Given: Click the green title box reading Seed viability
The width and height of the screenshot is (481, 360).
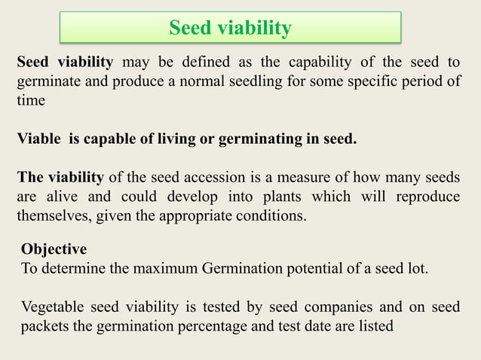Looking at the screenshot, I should (x=230, y=29).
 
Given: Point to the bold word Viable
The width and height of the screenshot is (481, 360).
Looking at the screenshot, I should (x=39, y=139).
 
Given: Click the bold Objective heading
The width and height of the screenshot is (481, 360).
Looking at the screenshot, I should (x=54, y=249).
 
